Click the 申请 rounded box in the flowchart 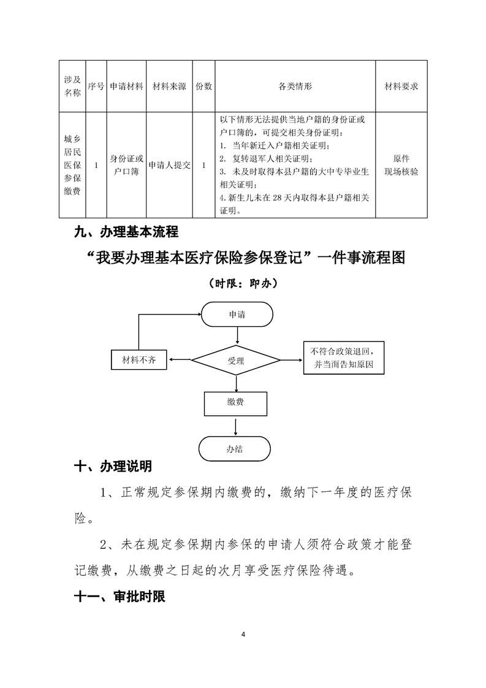pos(237,315)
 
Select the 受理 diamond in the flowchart pos(237,361)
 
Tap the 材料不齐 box pos(139,360)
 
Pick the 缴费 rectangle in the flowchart pos(236,403)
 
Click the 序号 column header pos(96,87)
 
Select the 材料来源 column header pos(169,87)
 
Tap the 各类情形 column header pos(295,87)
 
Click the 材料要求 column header pos(401,87)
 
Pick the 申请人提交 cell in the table pos(169,165)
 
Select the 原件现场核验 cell pos(401,165)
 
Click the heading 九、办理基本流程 pos(126,232)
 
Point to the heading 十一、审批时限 pos(120,597)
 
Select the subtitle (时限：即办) pos(243,284)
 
